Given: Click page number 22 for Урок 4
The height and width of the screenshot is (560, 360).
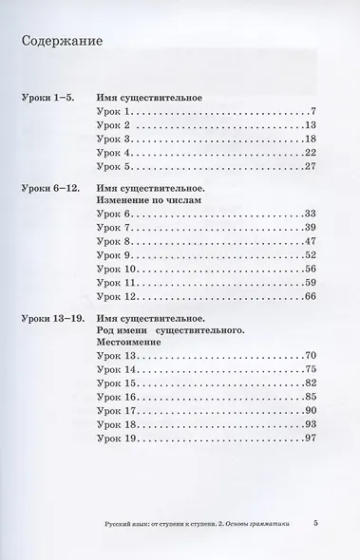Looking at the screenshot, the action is [x=311, y=152].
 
